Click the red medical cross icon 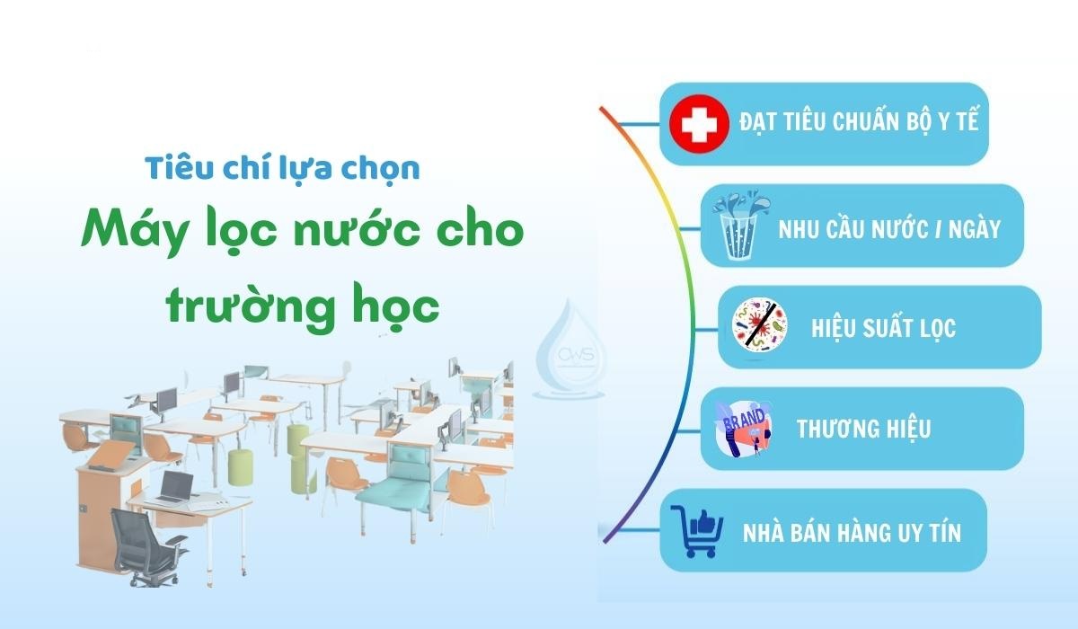[x=699, y=124]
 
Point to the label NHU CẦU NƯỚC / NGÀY [x=889, y=227]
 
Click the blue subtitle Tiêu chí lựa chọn [x=283, y=168]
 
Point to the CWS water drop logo [x=572, y=351]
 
